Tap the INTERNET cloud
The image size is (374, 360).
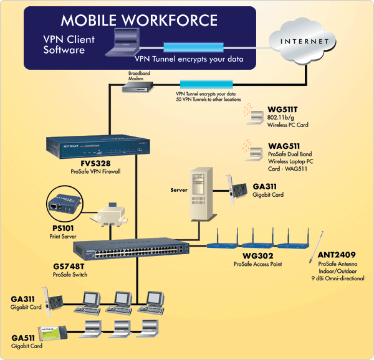(x=306, y=42)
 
